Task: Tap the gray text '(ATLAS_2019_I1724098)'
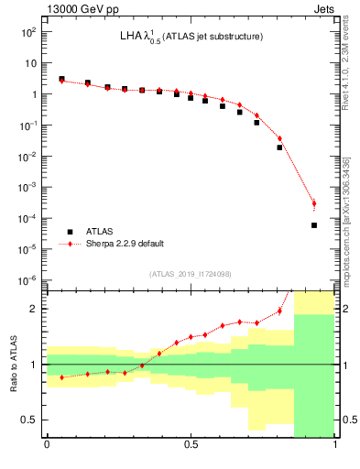click(191, 273)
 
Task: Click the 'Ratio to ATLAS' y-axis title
click(12, 365)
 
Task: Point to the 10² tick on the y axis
click(28, 32)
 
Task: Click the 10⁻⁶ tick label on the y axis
click(27, 280)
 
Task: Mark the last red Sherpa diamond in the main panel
click(314, 203)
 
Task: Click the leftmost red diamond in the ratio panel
click(61, 377)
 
